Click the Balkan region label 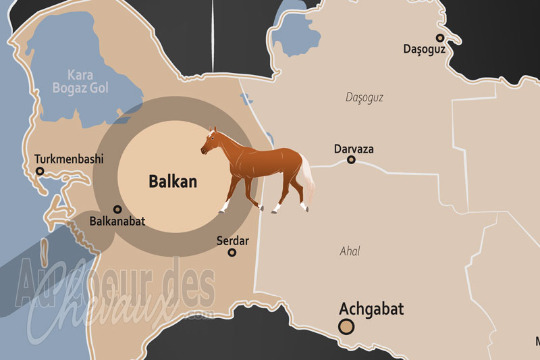pos(172,182)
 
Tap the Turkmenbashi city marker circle pos(40,172)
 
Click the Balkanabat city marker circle pos(117,209)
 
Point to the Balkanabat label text pos(117,221)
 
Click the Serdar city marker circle pos(232,253)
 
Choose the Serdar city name pos(232,240)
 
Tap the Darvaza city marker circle pos(351,160)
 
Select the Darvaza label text pos(354,149)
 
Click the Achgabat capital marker pos(346,328)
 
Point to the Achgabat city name pos(371,309)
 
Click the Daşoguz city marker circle pos(440,38)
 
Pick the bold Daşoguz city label pos(424,49)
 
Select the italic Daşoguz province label pos(364,97)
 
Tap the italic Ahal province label pos(350,251)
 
